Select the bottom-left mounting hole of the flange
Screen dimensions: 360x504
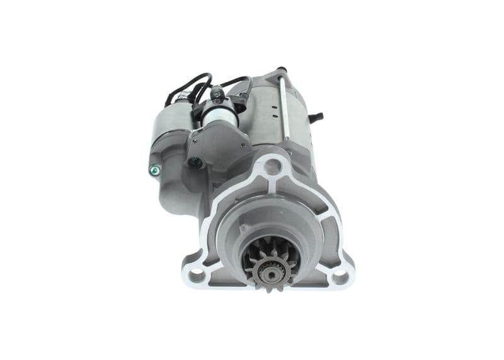click(x=196, y=274)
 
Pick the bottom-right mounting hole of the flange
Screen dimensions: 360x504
click(x=340, y=276)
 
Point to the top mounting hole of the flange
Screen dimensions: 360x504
click(x=272, y=166)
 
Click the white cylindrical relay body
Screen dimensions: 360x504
click(x=220, y=114)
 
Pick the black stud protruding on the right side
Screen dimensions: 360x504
click(x=317, y=117)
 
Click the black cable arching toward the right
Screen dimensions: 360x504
click(x=239, y=80)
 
